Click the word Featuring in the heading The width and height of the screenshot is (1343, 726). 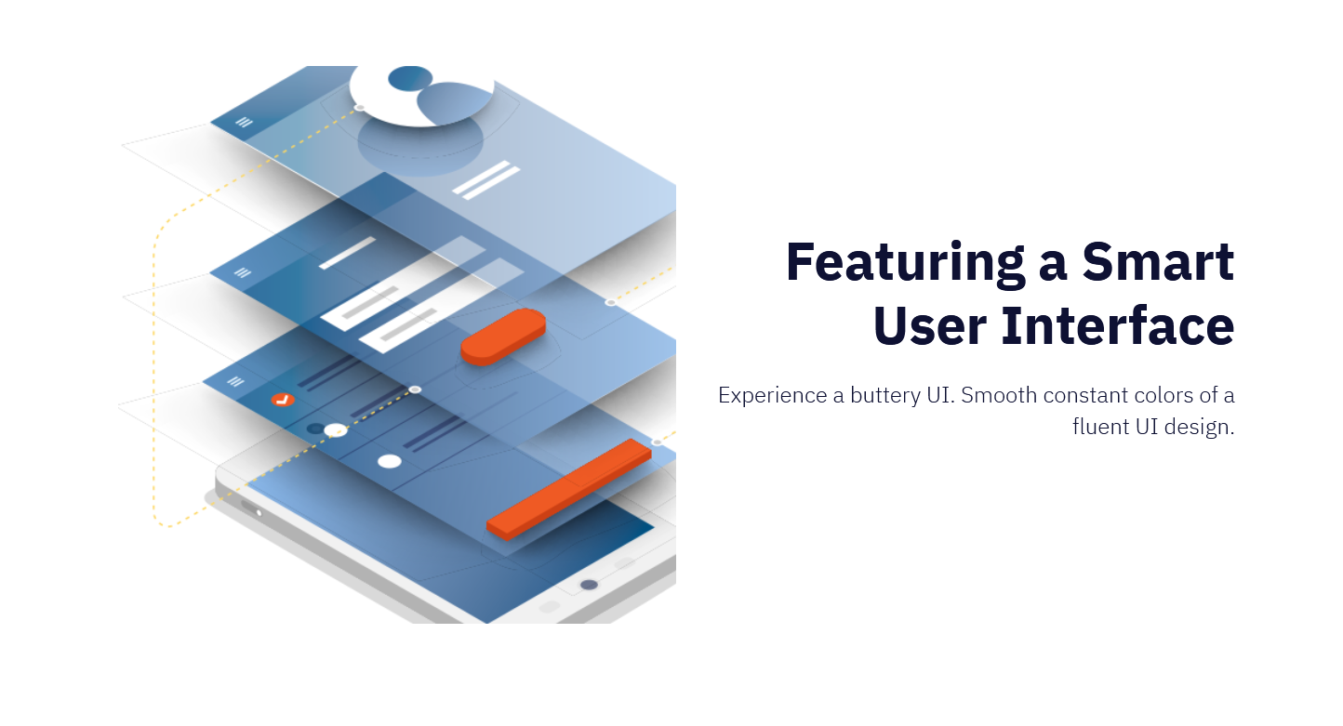pyautogui.click(x=905, y=262)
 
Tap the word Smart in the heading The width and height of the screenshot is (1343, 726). pyautogui.click(x=1158, y=262)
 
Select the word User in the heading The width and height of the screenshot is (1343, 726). pyautogui.click(x=930, y=326)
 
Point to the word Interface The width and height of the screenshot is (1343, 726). pyautogui.click(x=1118, y=326)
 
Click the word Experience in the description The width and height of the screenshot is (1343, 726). pyautogui.click(x=773, y=396)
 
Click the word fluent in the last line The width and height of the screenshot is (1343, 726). pyautogui.click(x=1101, y=427)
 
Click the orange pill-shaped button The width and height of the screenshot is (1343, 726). pyautogui.click(x=503, y=337)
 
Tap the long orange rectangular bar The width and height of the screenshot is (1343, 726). pyautogui.click(x=569, y=489)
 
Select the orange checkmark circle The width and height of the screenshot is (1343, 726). pyautogui.click(x=283, y=400)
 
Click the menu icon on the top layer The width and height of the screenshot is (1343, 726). pyautogui.click(x=244, y=122)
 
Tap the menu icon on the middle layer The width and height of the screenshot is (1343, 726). pyautogui.click(x=242, y=273)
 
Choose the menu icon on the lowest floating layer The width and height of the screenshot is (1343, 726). pyautogui.click(x=235, y=381)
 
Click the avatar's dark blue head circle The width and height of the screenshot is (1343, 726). pyautogui.click(x=410, y=78)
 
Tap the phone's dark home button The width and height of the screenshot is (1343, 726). pyautogui.click(x=589, y=585)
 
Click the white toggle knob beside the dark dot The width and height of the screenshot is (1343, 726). pyautogui.click(x=335, y=430)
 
